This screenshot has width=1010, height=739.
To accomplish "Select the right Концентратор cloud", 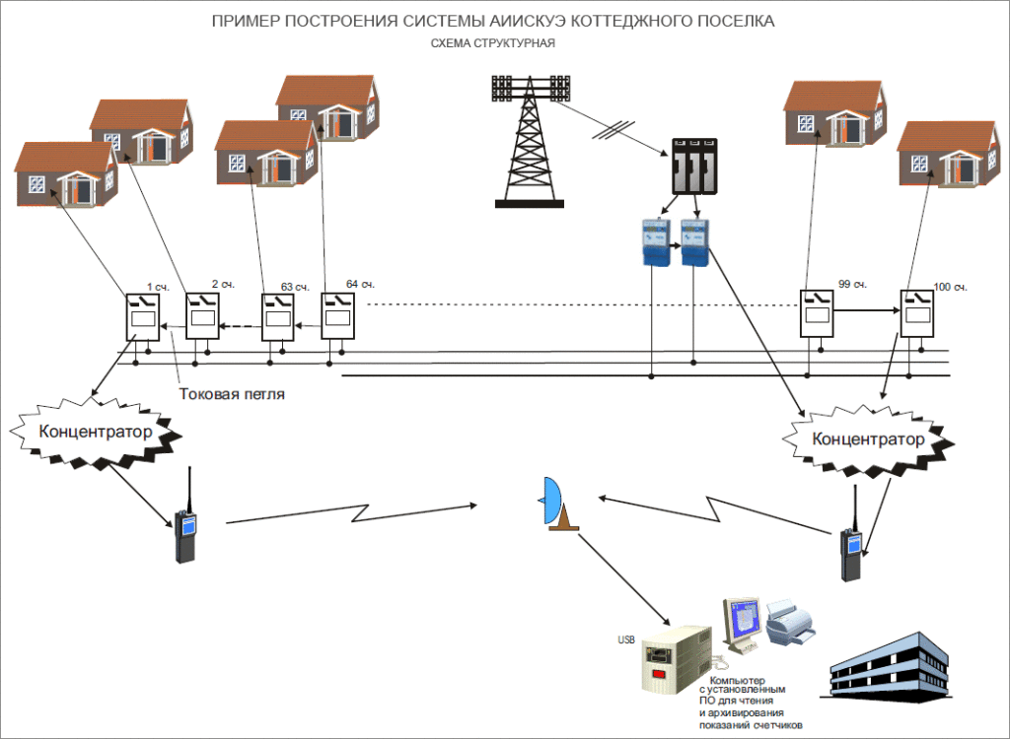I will (x=868, y=438).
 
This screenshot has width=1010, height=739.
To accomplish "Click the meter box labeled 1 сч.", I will (x=141, y=315).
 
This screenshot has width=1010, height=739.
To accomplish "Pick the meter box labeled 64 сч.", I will (x=337, y=315).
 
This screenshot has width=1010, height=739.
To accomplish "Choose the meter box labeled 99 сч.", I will (x=815, y=312).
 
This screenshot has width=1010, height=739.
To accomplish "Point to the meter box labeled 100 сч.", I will (x=916, y=314).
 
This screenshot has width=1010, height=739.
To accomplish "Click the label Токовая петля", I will (x=232, y=394).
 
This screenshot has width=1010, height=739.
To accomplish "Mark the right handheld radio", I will (x=851, y=554).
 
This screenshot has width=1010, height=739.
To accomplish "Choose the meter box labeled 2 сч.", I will (x=203, y=315).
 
